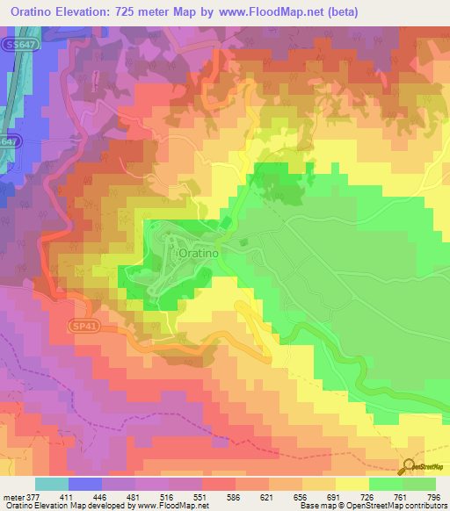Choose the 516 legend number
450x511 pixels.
pos(177,495)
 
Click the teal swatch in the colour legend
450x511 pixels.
pos(52,484)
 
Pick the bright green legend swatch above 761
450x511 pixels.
pos(385,484)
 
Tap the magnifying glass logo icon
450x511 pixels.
pos(409,468)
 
